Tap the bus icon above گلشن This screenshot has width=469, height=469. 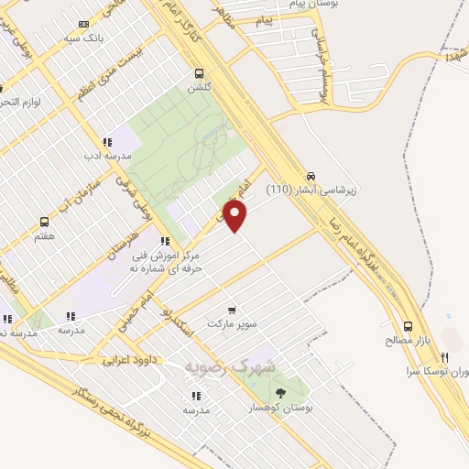click(199, 73)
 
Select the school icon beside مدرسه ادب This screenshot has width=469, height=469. click(107, 142)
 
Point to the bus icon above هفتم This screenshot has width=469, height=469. click(44, 222)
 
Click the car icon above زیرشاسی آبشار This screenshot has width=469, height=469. click(311, 175)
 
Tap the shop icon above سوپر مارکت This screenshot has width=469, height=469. click(232, 310)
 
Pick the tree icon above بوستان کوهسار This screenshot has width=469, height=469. click(280, 392)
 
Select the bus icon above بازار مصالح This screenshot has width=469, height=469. click(408, 325)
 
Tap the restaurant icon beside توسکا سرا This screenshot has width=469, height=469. click(443, 357)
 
